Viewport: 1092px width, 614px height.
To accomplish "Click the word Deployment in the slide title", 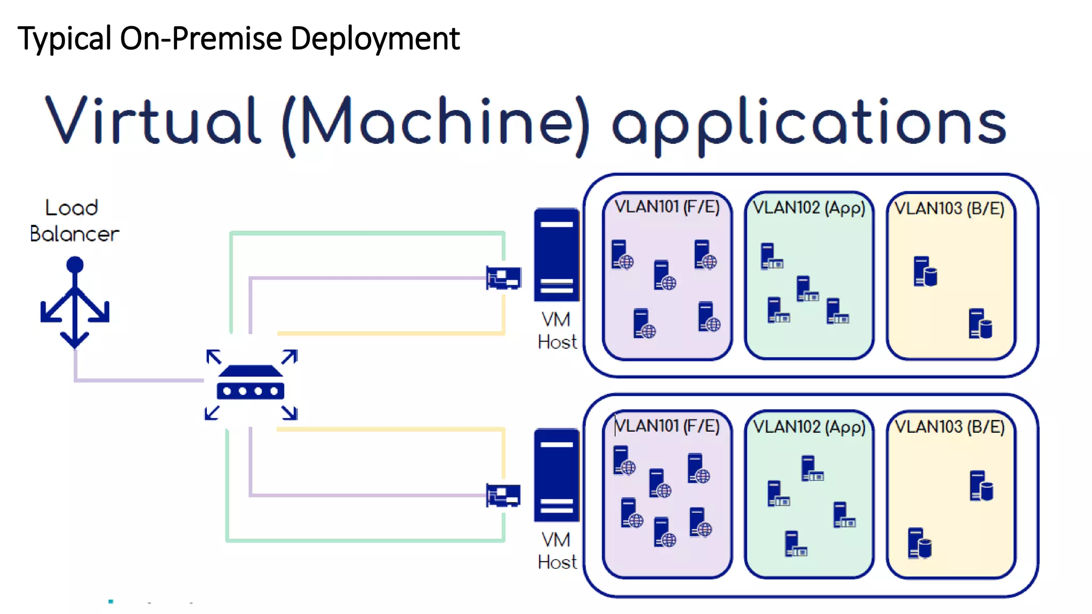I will pyautogui.click(x=375, y=39).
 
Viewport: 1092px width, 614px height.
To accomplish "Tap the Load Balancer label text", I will pyautogui.click(x=74, y=221).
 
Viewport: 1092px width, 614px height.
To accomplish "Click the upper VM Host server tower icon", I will pyautogui.click(x=556, y=254).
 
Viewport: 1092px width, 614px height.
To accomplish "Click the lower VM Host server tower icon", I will pyautogui.click(x=556, y=474).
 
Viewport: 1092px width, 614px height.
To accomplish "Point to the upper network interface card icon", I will pyautogui.click(x=503, y=277).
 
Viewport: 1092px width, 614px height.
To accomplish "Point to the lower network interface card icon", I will pyautogui.click(x=503, y=495).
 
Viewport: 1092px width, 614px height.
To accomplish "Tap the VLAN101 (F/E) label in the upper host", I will pyautogui.click(x=667, y=207).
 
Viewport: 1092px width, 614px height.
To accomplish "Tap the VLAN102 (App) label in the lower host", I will pyautogui.click(x=809, y=427).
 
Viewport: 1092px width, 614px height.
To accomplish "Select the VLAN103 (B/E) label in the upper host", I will pyautogui.click(x=949, y=208).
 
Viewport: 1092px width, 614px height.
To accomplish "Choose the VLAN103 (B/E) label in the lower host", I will pyautogui.click(x=950, y=427).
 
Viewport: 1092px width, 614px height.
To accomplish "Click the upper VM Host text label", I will pyautogui.click(x=557, y=331).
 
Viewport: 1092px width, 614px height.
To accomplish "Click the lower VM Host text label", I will pyautogui.click(x=557, y=551).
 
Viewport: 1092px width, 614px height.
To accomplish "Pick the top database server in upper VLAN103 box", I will pyautogui.click(x=925, y=271).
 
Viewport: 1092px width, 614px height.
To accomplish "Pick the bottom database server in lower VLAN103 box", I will pyautogui.click(x=919, y=543).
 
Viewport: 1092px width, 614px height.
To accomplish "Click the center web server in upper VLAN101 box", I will pyautogui.click(x=664, y=275).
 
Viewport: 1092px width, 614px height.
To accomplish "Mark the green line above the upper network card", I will pyautogui.click(x=368, y=233).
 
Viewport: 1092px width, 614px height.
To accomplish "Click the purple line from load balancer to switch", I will pyautogui.click(x=139, y=380).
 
